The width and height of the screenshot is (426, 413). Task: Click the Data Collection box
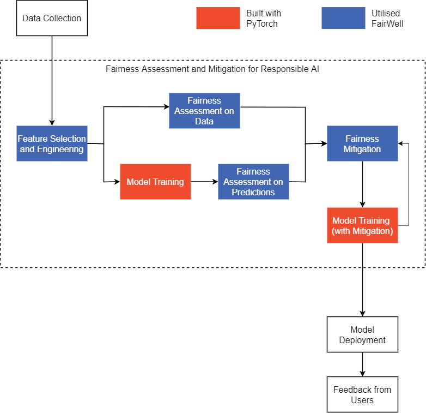[52, 18]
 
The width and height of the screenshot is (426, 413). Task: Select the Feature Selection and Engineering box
[52, 143]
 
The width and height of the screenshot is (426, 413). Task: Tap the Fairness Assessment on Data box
[204, 111]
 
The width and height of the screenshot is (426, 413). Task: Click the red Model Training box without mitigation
[155, 182]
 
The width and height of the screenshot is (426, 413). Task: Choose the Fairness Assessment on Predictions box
[253, 182]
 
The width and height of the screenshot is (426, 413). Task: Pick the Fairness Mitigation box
[362, 143]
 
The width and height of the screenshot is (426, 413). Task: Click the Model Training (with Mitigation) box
[362, 225]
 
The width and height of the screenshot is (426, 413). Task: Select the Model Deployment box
[362, 334]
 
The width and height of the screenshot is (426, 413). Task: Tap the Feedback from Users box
[362, 394]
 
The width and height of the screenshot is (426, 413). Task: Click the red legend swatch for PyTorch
[218, 18]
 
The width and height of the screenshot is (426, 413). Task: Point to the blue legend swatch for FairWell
[343, 18]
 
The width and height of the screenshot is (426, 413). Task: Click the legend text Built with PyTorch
[264, 18]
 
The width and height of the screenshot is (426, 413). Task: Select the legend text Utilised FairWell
[387, 18]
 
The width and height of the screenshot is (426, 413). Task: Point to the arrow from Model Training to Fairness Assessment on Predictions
[205, 182]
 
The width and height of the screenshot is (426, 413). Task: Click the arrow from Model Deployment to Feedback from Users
[362, 364]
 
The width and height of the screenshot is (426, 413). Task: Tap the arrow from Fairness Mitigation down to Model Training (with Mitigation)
[362, 184]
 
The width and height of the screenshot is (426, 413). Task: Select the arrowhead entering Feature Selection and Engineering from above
[52, 123]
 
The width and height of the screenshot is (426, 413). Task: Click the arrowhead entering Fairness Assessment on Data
[166, 106]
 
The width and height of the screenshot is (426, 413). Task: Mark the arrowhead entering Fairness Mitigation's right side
[401, 143]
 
